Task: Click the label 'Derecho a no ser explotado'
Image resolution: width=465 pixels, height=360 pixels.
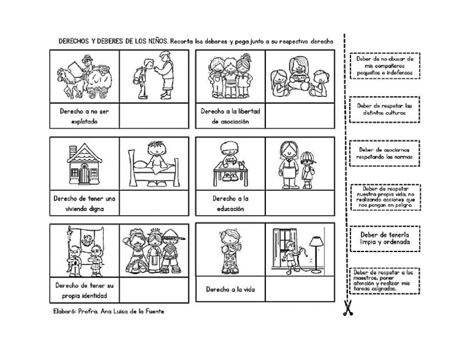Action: (x=84, y=116)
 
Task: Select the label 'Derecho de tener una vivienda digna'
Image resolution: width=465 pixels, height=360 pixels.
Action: (x=84, y=204)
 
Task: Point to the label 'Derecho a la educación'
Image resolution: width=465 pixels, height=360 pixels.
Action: (x=230, y=203)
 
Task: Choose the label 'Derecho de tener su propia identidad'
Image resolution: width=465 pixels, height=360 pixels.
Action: (x=84, y=290)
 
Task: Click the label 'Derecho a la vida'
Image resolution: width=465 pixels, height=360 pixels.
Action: (x=230, y=290)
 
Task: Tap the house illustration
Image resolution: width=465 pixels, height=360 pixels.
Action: (x=84, y=165)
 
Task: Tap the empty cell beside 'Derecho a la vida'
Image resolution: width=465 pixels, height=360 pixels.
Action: (x=298, y=290)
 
